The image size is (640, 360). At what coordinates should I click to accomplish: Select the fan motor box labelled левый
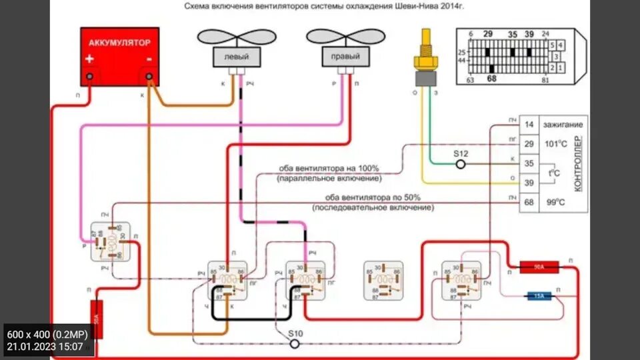pyautogui.click(x=236, y=57)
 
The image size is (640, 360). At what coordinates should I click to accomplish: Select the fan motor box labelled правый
pyautogui.click(x=345, y=57)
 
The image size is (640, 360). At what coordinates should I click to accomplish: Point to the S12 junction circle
pyautogui.click(x=460, y=163)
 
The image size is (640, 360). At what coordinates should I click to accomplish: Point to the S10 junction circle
pyautogui.click(x=294, y=342)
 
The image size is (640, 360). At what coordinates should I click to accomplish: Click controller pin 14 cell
pyautogui.click(x=529, y=125)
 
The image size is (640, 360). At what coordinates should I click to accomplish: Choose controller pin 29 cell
pyautogui.click(x=529, y=144)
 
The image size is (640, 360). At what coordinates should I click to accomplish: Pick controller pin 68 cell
pyautogui.click(x=529, y=201)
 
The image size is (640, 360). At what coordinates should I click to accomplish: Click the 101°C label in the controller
pyautogui.click(x=555, y=144)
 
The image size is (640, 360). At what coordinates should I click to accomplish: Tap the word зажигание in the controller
pyautogui.click(x=563, y=125)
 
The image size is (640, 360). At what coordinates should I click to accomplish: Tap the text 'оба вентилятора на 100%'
pyautogui.click(x=329, y=168)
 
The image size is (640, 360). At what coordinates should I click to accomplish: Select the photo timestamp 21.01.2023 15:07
pyautogui.click(x=45, y=347)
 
